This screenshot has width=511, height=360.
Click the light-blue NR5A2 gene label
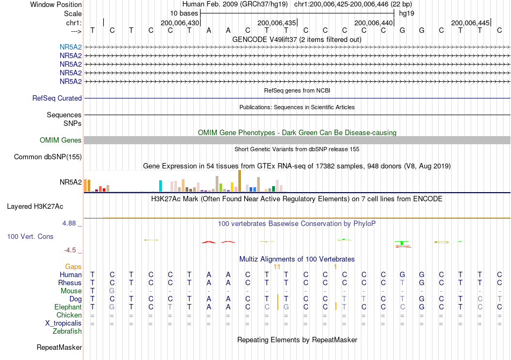[70, 47]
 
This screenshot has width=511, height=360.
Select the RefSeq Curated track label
[57, 98]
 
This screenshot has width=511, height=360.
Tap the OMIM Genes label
[61, 140]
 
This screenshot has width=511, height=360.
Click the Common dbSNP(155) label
[48, 157]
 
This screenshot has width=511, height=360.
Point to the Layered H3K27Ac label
[35, 207]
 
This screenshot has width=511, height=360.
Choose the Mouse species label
[71, 291]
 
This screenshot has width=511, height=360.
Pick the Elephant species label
[68, 307]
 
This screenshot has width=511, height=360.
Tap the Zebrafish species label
[67, 331]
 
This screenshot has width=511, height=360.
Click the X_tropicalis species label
[63, 323]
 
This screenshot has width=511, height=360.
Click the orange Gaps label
[73, 267]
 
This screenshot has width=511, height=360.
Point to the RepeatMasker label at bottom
[59, 348]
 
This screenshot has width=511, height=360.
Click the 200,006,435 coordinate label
[276, 23]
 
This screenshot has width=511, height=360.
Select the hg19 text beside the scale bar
[407, 13]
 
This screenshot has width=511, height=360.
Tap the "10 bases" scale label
[184, 13]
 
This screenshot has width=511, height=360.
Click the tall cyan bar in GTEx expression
[160, 186]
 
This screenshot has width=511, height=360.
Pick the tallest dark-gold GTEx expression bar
[239, 181]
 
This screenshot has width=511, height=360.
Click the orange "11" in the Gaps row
[277, 267]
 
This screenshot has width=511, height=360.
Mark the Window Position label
[56, 4]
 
